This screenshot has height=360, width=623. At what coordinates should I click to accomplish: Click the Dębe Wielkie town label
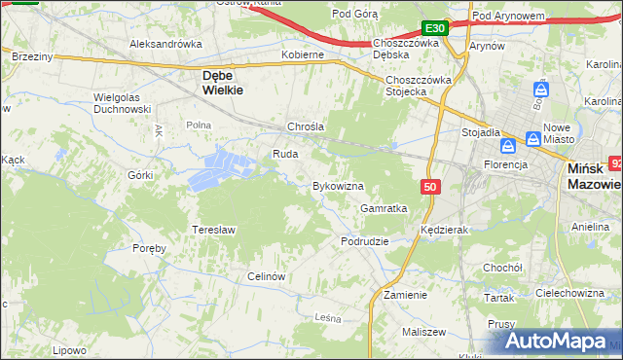click(221, 81)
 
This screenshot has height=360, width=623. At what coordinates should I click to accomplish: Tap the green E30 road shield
click(434, 28)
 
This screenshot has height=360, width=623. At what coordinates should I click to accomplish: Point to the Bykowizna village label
click(337, 185)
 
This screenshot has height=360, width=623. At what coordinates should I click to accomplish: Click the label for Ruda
click(285, 154)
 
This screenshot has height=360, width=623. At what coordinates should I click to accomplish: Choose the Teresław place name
click(214, 229)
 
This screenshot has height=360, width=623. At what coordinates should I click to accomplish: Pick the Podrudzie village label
click(365, 240)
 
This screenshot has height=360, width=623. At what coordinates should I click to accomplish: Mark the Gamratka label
click(384, 208)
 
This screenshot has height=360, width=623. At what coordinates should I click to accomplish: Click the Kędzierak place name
click(445, 230)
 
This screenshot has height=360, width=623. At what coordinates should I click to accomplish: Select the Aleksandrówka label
click(165, 45)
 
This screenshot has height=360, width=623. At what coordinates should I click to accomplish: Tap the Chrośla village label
click(305, 126)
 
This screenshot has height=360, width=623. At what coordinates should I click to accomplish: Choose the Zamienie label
click(405, 294)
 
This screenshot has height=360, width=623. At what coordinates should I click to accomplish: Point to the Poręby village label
click(150, 248)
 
